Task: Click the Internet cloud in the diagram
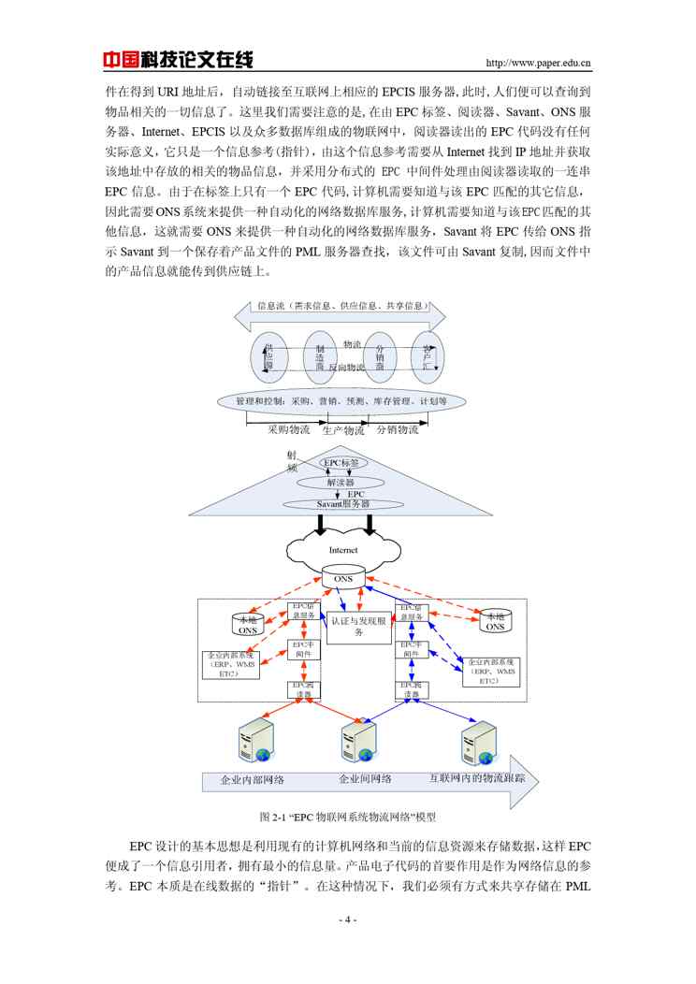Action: (342, 549)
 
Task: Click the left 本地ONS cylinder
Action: (248, 623)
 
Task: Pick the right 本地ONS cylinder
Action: (493, 622)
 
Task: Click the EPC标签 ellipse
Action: (341, 463)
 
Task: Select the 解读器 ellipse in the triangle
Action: (340, 483)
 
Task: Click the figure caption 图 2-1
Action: (347, 817)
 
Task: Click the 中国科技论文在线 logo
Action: (178, 60)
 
